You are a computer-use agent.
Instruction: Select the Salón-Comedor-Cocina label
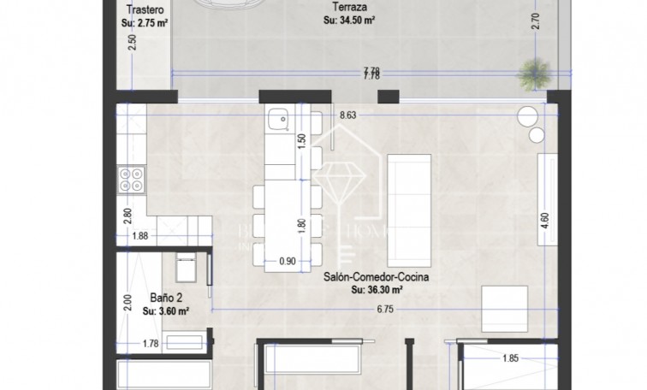(376, 278)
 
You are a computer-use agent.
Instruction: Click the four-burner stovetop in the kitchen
(133, 179)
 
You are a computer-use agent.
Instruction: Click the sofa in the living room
(403, 209)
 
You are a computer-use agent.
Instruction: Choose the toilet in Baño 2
(185, 268)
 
